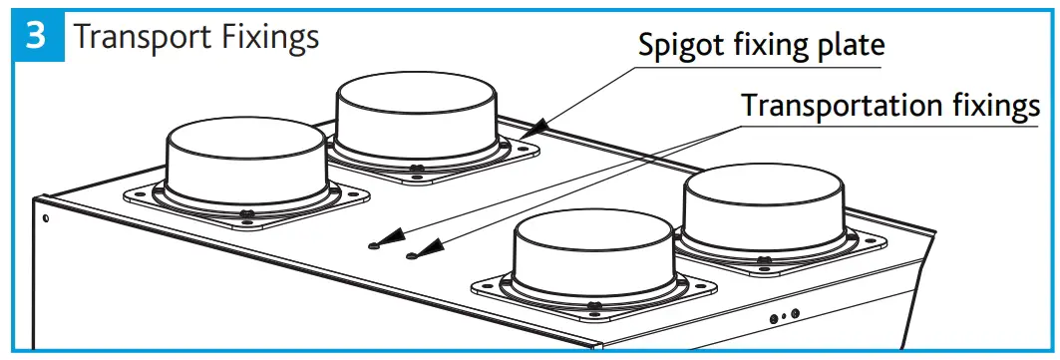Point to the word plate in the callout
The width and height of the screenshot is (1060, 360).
(x=848, y=46)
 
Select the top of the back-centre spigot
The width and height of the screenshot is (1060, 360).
(x=416, y=91)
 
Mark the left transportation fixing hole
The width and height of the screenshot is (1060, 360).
(x=373, y=245)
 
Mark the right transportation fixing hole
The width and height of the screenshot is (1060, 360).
(x=411, y=256)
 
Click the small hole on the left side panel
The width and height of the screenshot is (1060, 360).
(x=45, y=213)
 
